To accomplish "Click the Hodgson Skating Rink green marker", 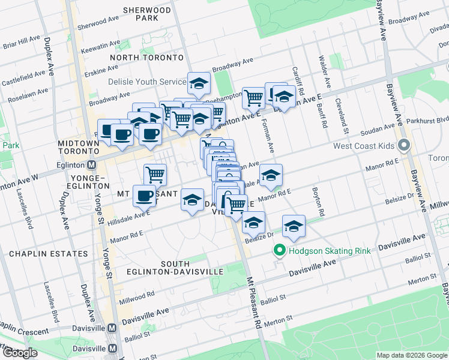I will (x=279, y=251).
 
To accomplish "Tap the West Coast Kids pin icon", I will (x=404, y=146).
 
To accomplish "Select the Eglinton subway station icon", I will (x=92, y=164).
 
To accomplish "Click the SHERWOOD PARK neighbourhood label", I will (x=147, y=14).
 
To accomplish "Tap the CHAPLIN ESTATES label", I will (x=48, y=254).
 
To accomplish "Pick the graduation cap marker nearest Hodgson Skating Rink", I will (x=294, y=226).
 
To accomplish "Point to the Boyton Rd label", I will (x=318, y=202).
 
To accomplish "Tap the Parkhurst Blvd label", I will (x=427, y=119).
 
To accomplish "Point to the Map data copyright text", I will (x=411, y=355).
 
